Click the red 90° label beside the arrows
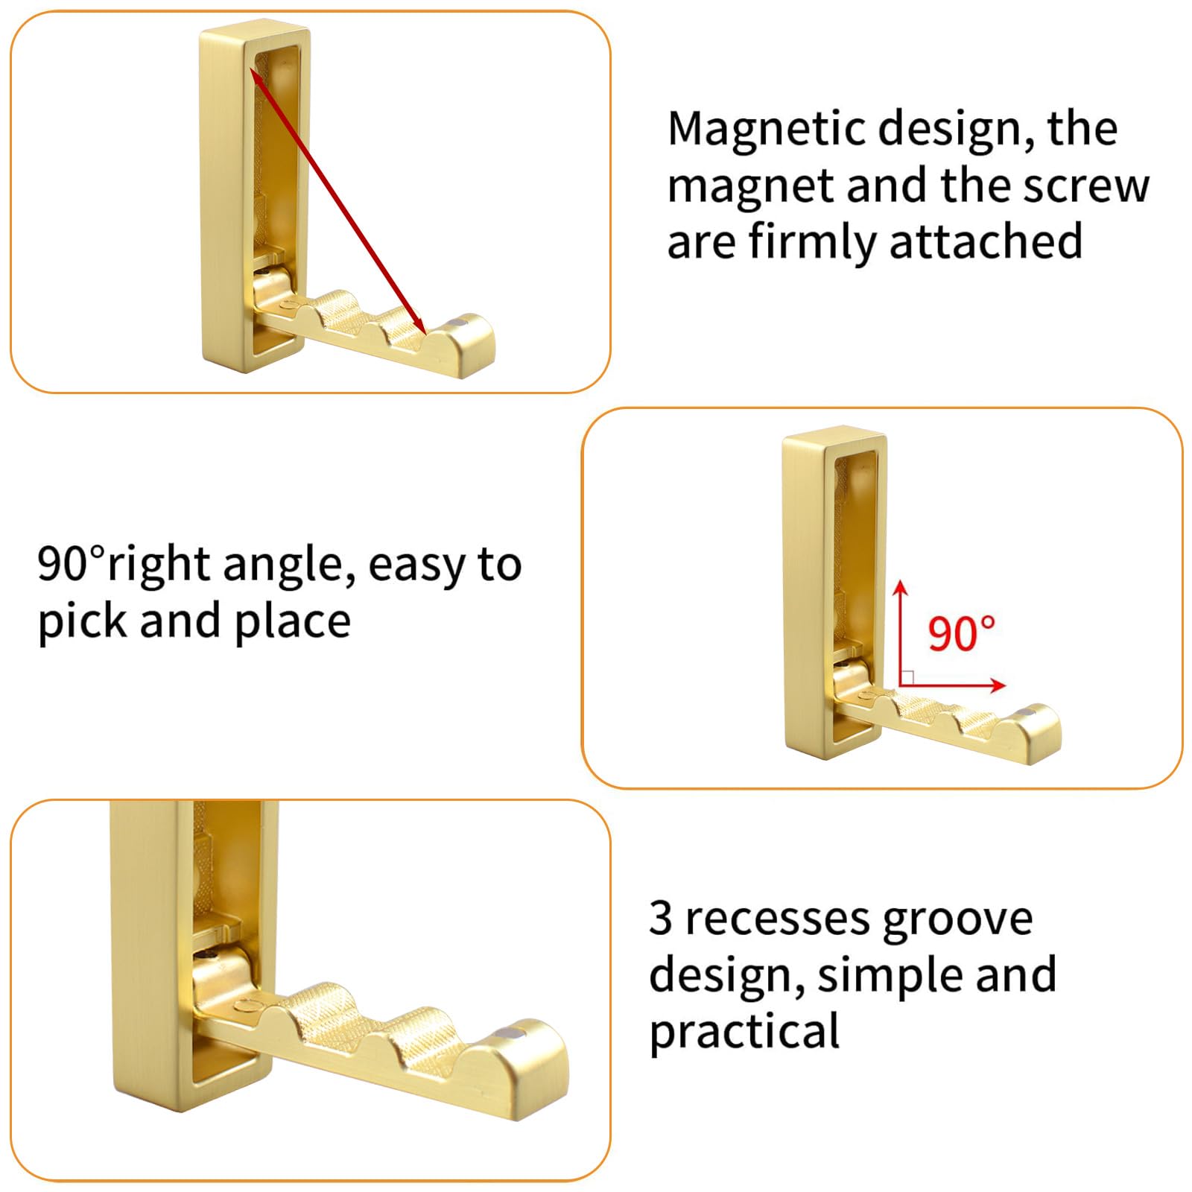961,634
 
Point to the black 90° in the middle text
72,564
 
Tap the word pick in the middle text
83,621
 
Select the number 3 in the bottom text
661,918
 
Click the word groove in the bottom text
957,922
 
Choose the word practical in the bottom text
744,1033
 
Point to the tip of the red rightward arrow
1005,685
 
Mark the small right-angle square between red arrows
907,678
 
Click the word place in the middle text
291,621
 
